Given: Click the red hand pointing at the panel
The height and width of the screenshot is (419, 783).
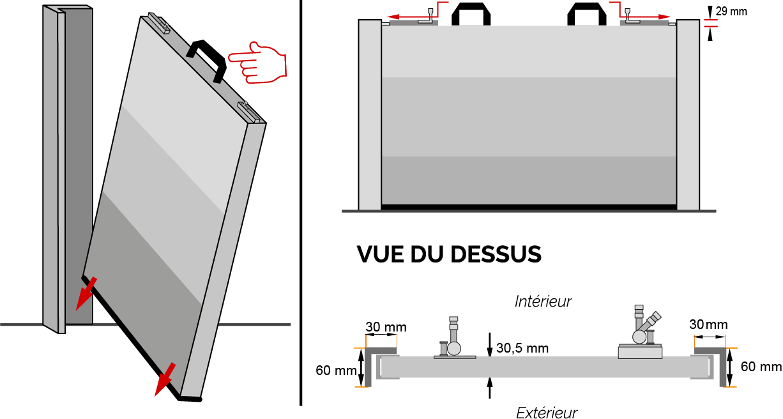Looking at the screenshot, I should (258, 63).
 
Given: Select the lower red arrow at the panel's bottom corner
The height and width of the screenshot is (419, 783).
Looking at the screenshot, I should (165, 379).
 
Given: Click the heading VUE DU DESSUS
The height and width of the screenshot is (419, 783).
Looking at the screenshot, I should (449, 254).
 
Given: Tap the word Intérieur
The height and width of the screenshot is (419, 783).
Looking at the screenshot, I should (543, 301).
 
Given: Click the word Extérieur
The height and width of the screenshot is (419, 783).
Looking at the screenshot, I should (546, 413).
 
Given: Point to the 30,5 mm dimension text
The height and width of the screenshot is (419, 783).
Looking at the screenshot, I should (522, 348).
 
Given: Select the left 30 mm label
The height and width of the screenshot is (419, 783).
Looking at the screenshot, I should (386, 328).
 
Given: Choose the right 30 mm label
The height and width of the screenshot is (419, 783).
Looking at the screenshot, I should (709, 324).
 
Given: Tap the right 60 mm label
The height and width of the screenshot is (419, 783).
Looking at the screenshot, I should (761, 367).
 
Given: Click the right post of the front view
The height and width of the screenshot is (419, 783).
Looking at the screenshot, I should (688, 115).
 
